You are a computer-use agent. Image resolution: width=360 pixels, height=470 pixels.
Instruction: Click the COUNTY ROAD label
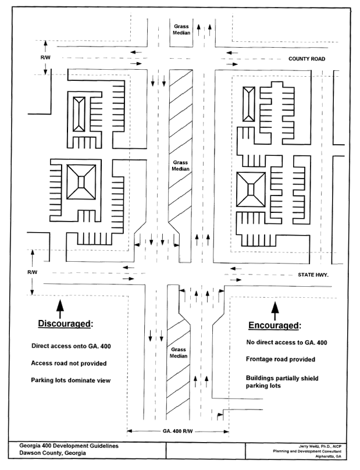[x=306, y=59]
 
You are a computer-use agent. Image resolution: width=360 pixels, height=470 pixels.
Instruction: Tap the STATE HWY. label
[x=313, y=275]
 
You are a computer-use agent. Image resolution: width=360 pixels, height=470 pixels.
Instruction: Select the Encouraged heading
[x=275, y=326]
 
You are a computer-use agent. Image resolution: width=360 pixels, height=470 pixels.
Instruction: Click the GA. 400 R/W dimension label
[x=178, y=432]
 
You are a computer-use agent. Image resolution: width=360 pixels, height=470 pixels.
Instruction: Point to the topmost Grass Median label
[x=181, y=29]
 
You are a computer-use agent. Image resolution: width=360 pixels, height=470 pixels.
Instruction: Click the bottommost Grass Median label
[x=179, y=353]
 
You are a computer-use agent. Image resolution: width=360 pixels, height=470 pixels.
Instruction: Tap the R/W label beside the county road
[x=45, y=58]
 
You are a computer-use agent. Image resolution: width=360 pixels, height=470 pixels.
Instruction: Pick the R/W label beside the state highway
[x=33, y=272]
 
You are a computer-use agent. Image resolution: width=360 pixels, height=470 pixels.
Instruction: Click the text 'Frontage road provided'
[x=280, y=359]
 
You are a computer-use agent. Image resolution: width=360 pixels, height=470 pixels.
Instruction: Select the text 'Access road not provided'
[x=69, y=364]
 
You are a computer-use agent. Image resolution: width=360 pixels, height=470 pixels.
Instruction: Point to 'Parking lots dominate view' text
[x=71, y=380]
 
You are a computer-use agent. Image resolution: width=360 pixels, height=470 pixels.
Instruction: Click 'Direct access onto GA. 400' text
[x=71, y=346]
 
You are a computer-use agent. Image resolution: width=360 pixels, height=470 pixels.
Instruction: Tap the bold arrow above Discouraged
[x=60, y=309]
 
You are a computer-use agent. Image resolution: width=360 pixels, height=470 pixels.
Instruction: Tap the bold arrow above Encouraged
[x=275, y=311]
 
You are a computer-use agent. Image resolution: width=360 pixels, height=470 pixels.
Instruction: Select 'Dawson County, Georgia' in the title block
[x=52, y=453]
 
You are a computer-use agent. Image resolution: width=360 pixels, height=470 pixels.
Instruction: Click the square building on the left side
[x=81, y=182]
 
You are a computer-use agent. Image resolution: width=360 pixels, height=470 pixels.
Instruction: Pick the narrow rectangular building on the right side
[x=249, y=104]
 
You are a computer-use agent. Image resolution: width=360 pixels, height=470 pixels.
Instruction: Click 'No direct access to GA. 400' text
[x=287, y=342]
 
